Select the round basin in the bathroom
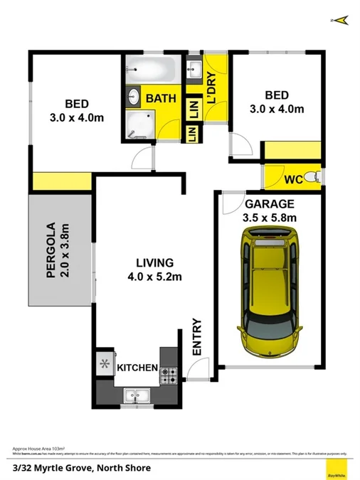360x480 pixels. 134,97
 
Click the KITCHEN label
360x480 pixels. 137,368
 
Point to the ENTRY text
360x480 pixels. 197,338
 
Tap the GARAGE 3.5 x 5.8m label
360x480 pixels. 270,211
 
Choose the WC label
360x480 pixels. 293,180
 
